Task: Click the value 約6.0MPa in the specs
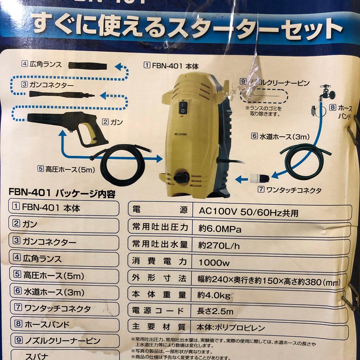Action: pyautogui.click(x=220, y=229)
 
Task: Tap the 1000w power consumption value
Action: pyautogui.click(x=214, y=263)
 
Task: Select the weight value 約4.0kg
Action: pyautogui.click(x=214, y=295)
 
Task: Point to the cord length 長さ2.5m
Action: pyautogui.click(x=215, y=311)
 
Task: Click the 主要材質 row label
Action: pyautogui.click(x=158, y=327)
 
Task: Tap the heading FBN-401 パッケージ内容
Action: pyautogui.click(x=60, y=193)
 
